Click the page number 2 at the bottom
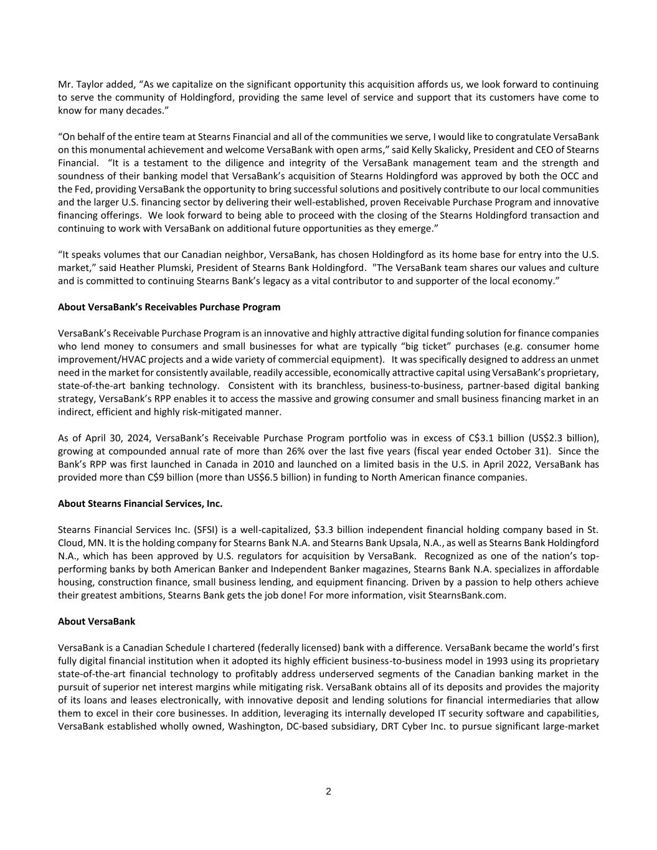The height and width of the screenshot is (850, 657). pyautogui.click(x=328, y=791)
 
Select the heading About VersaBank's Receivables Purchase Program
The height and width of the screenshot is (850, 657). pyautogui.click(x=169, y=307)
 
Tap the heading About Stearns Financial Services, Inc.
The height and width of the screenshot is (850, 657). pyautogui.click(x=140, y=503)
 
